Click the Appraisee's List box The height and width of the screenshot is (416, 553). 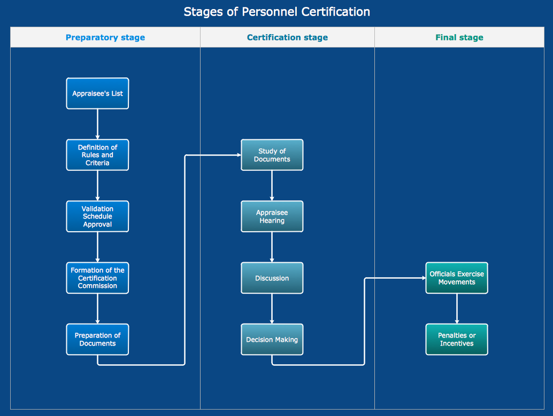(x=97, y=93)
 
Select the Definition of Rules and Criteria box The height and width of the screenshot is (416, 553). (x=97, y=155)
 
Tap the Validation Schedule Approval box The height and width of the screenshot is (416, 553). (x=97, y=216)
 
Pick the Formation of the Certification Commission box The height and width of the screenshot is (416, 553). (x=97, y=278)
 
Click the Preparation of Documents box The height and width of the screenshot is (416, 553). (x=97, y=339)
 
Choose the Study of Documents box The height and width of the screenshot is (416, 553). (x=272, y=155)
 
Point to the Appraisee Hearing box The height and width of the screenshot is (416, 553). (x=272, y=216)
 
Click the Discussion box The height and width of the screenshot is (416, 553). (x=272, y=278)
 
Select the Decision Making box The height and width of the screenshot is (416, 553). (x=272, y=339)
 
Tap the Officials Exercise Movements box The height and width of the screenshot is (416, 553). (x=457, y=278)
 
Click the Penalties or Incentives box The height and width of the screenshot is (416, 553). (x=457, y=339)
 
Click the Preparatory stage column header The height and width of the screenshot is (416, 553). (x=105, y=37)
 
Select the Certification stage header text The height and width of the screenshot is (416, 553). (x=287, y=37)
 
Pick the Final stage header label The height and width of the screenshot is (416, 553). (x=459, y=37)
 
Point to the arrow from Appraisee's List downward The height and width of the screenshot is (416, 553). (x=97, y=124)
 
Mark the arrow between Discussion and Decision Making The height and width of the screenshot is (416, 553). (x=272, y=308)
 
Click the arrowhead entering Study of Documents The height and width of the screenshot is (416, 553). (x=238, y=155)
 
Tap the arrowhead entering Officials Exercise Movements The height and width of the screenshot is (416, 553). (x=423, y=278)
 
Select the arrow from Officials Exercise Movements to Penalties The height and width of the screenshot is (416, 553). (x=457, y=308)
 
